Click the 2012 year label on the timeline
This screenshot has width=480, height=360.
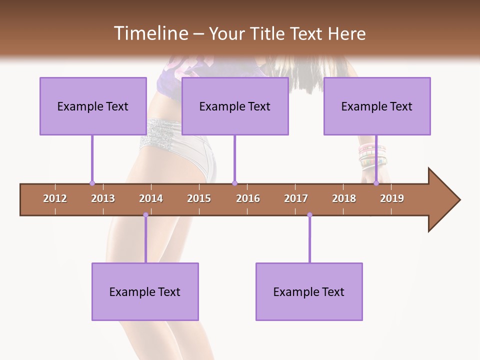click(55, 198)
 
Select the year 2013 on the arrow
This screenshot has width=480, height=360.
click(103, 198)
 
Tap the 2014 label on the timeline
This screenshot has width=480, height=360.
click(151, 198)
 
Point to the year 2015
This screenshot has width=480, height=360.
click(199, 198)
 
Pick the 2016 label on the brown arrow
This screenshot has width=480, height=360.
click(248, 198)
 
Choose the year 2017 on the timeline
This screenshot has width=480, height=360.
click(296, 198)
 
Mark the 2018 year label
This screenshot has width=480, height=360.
click(344, 198)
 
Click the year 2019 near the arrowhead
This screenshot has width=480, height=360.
click(392, 198)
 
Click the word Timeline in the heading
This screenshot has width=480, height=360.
click(149, 33)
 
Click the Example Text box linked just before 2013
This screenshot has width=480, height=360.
click(93, 106)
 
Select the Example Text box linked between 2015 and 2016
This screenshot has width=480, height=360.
click(235, 106)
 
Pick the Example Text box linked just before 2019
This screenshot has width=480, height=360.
click(377, 106)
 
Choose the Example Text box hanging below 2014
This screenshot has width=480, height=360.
click(145, 291)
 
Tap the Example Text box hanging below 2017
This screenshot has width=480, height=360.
click(309, 291)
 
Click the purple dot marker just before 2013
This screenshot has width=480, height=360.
click(92, 183)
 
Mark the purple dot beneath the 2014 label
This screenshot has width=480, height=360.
click(145, 215)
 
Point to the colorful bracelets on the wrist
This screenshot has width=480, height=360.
click(372, 155)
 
